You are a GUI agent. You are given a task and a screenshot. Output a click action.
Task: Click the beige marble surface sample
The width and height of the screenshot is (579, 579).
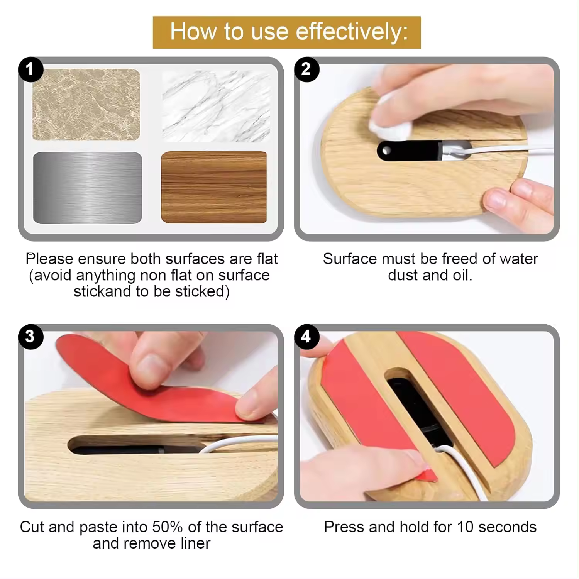[x=86, y=105]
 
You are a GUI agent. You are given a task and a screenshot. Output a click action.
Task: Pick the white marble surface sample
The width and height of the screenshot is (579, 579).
[x=216, y=106]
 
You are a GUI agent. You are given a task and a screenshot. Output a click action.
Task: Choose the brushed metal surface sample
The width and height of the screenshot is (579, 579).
[x=88, y=188]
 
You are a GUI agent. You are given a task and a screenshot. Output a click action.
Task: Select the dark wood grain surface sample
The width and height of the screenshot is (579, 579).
[x=214, y=187]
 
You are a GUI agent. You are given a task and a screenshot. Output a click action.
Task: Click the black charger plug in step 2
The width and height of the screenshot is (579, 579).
[x=409, y=151]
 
